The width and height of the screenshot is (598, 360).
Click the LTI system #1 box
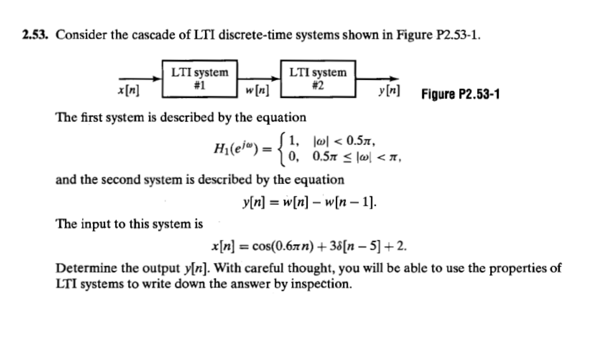click(199, 78)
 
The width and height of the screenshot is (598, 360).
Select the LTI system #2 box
click(318, 78)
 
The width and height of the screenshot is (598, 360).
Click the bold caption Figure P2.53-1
click(461, 95)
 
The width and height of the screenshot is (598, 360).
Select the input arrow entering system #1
click(140, 78)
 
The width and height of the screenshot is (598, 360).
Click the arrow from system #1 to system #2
click(260, 78)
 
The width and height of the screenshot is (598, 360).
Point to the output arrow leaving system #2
click(377, 78)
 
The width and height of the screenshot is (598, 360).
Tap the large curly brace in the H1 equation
click(282, 148)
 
